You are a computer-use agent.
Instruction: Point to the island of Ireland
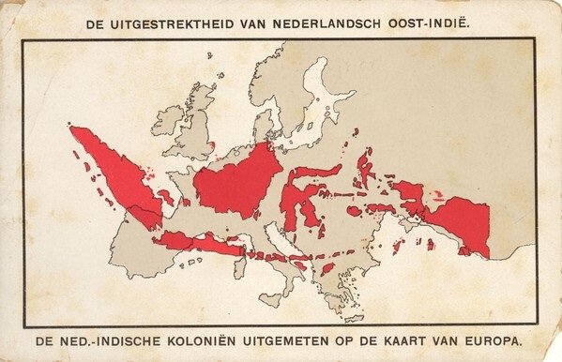[x=168, y=120]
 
